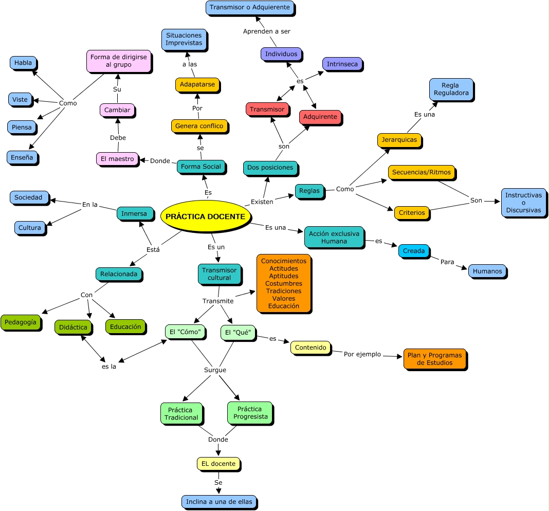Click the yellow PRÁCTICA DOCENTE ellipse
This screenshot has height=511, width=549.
205,216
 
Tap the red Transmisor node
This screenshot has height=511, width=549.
267,109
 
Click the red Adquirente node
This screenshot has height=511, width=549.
320,117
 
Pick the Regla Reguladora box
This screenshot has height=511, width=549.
451,89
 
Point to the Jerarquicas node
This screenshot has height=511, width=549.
399,140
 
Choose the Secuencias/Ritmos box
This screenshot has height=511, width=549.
421,172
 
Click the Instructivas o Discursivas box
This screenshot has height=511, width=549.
523,203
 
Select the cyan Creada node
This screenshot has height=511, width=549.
414,251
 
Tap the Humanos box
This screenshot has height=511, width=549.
487,271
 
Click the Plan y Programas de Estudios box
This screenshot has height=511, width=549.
434,359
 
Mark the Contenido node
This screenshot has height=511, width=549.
310,348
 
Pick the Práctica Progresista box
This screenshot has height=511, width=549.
250,413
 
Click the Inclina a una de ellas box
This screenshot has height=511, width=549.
219,501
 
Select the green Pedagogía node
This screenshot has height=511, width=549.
21,322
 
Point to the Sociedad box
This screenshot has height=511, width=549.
29,197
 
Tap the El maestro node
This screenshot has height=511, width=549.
117,159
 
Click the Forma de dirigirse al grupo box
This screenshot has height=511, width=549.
118,61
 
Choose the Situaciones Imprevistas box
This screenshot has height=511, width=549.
184,39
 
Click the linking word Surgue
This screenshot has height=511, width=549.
215,370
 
